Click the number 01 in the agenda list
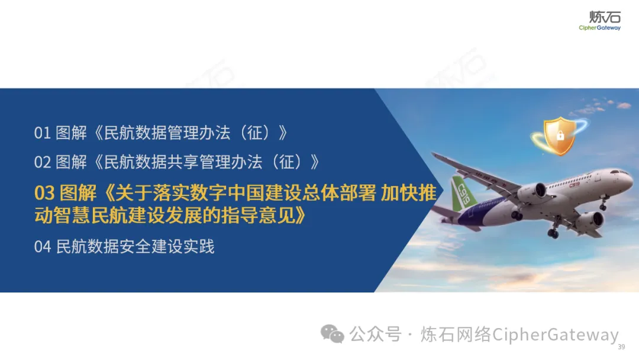pyautogui.click(x=43, y=133)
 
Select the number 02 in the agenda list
pyautogui.click(x=43, y=162)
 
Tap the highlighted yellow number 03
pyautogui.click(x=44, y=193)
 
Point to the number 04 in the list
pyautogui.click(x=43, y=247)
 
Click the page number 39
pyautogui.click(x=621, y=347)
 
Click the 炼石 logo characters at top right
pyautogui.click(x=605, y=17)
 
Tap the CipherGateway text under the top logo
pyautogui.click(x=599, y=28)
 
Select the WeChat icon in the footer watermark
pyautogui.click(x=332, y=334)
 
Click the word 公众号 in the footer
pyautogui.click(x=375, y=335)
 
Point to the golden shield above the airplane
pyautogui.click(x=560, y=136)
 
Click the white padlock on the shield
pyautogui.click(x=560, y=135)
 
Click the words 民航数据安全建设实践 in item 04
pyautogui.click(x=135, y=247)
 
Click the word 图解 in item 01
pyautogui.click(x=72, y=133)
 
